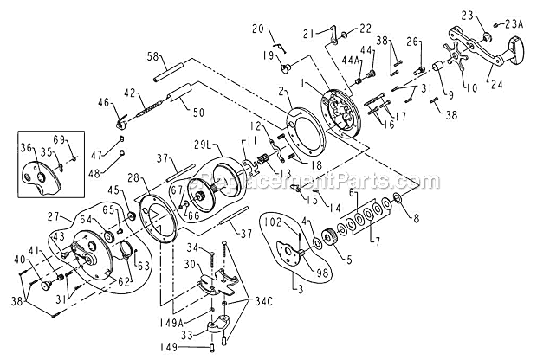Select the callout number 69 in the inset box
pos(59,139)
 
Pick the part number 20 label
pos(256,30)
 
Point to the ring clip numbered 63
pos(127,250)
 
